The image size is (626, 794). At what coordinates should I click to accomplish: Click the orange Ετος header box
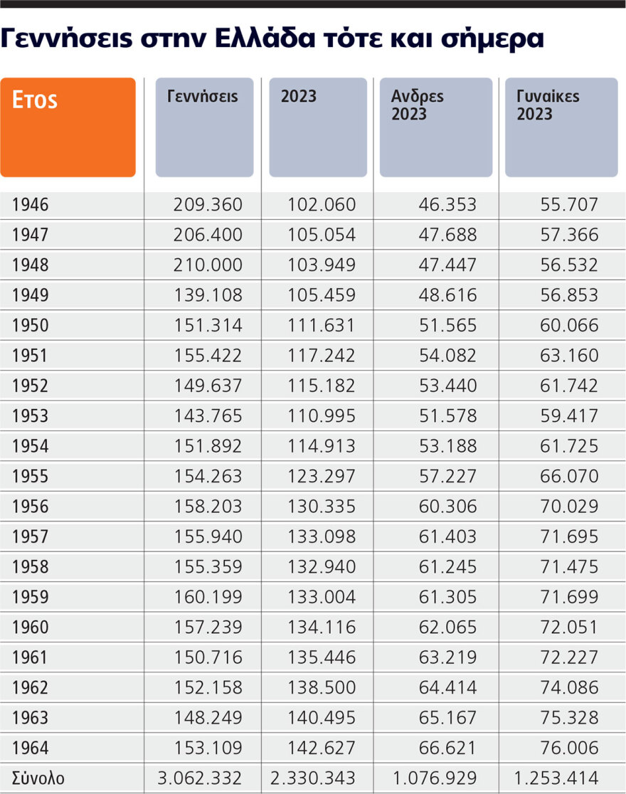pos(68,127)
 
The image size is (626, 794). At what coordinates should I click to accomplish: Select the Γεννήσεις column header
pos(204,127)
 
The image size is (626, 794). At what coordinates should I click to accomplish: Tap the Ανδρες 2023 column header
pos(435,127)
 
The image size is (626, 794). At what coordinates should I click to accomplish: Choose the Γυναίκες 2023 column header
pos(561,127)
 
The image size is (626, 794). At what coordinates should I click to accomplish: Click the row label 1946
pos(31,206)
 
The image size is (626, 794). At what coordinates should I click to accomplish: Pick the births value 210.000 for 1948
pos(208,265)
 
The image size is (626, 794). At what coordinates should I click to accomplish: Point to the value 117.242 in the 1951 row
pos(321,356)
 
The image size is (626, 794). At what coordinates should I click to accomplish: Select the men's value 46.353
pos(447,206)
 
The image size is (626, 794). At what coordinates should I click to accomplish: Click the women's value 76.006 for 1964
pos(569,748)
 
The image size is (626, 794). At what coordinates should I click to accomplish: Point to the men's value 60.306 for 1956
pos(447,507)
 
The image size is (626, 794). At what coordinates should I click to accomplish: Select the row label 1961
pos(31,657)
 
